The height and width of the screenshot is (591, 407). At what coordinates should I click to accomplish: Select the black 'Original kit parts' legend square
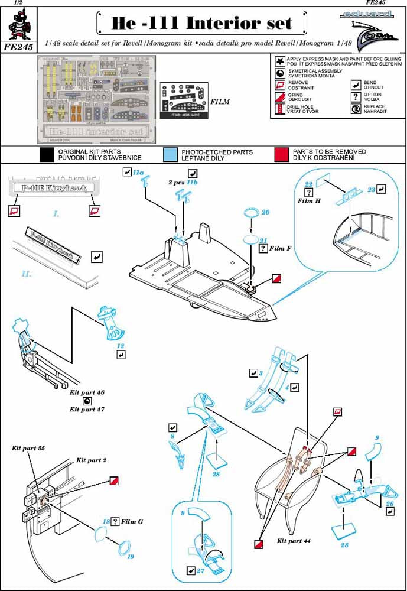coord(47,155)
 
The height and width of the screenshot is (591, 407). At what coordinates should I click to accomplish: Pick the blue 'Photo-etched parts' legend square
coord(170,155)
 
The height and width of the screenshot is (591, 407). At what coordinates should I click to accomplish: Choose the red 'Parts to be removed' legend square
coord(281,155)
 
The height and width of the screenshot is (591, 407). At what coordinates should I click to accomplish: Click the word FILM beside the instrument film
coord(220,102)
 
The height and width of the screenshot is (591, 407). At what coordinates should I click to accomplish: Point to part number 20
coord(265,212)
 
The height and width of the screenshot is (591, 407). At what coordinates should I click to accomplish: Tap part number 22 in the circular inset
coord(308,184)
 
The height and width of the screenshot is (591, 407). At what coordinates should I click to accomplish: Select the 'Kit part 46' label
coord(87,392)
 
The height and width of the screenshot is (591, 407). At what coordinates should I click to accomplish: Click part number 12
coord(121,346)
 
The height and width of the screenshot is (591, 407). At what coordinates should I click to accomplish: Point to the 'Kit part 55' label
coord(28,449)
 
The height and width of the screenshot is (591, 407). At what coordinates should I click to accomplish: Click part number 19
coord(131,557)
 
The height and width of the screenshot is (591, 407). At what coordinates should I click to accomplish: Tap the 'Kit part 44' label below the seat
coord(294,541)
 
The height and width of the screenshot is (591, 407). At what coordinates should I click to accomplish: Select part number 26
coord(389,503)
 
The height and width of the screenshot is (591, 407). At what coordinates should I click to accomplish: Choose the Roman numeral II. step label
coord(26,274)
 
